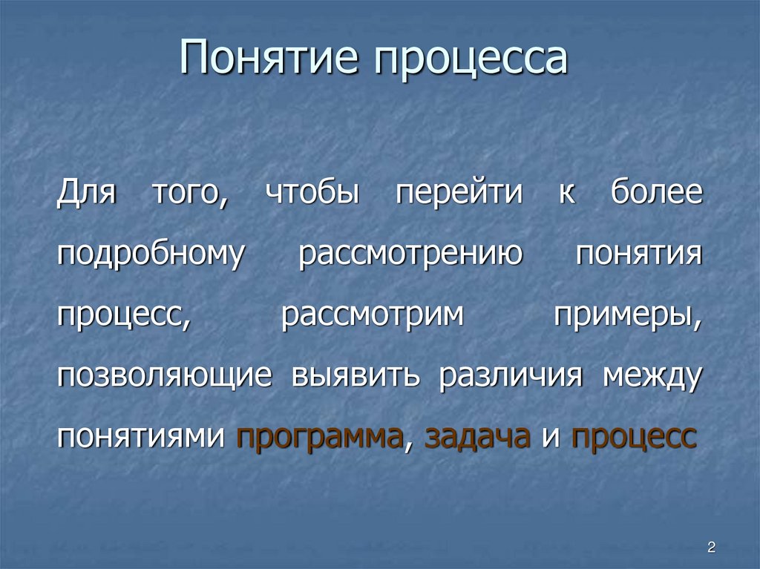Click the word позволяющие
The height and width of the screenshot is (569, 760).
point(164,377)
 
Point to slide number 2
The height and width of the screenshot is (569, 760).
point(711,548)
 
